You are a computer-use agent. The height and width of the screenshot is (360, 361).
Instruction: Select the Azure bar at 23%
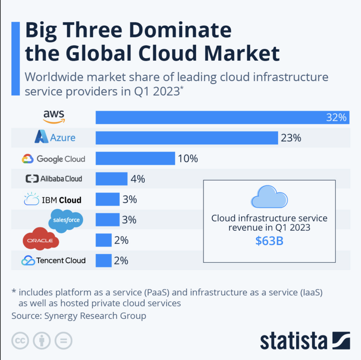(x=187, y=138)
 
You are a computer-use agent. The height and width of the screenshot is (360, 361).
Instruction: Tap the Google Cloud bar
(x=135, y=158)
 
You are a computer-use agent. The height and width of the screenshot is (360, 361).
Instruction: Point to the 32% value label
(x=336, y=118)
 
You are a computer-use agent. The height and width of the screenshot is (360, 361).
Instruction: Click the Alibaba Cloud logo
(x=54, y=179)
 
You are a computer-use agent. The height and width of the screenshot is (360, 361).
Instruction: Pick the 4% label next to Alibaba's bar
(x=138, y=179)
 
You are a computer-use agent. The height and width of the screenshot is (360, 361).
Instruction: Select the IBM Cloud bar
(x=107, y=199)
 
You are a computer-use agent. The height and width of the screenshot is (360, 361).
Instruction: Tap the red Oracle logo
(x=40, y=240)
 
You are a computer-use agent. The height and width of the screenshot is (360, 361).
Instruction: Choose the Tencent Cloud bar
(x=104, y=260)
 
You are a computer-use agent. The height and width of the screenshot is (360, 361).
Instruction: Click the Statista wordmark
(x=293, y=340)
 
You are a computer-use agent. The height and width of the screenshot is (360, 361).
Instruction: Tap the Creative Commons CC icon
(x=20, y=340)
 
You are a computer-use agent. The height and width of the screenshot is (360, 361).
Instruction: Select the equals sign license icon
(x=63, y=340)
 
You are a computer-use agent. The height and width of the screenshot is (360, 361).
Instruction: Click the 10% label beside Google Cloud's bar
(x=188, y=158)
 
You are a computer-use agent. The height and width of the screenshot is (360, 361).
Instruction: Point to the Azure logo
(x=55, y=137)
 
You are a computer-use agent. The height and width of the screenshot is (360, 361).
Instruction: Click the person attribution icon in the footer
(x=42, y=340)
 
